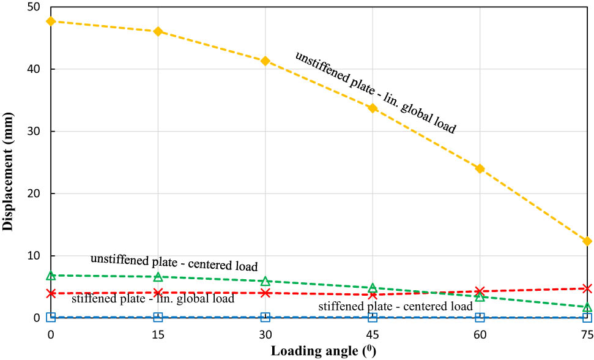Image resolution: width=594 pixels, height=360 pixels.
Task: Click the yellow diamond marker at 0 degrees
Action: [51, 21]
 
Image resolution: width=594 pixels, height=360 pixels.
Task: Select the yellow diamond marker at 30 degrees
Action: [265, 61]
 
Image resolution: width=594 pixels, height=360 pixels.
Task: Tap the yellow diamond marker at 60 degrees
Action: [480, 168]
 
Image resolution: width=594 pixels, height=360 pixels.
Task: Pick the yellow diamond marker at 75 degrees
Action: [587, 241]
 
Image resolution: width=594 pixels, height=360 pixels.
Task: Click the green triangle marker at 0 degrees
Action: [51, 276]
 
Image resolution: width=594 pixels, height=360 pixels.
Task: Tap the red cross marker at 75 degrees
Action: [587, 288]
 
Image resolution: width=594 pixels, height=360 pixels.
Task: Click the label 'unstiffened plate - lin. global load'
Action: [376, 92]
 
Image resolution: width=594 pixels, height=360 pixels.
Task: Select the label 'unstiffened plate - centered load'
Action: [174, 263]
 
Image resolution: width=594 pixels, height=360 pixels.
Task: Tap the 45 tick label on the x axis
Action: [373, 334]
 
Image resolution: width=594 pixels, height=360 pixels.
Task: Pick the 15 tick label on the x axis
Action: [158, 334]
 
